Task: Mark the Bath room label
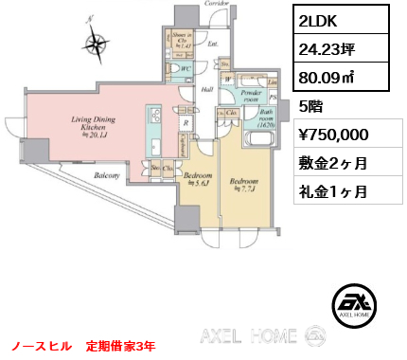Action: pos(257,117)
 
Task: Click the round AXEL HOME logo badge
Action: pos(351,304)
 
